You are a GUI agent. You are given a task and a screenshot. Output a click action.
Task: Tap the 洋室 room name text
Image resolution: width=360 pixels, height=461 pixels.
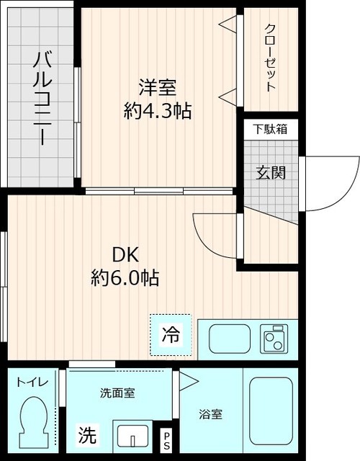coord(157,89)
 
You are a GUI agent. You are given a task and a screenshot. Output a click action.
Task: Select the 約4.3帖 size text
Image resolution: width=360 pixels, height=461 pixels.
coord(157,112)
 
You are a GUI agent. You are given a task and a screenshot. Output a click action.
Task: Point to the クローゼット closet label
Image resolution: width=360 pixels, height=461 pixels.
coord(270,58)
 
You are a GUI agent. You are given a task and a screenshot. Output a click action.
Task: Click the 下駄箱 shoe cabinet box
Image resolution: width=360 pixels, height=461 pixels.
coord(270,129)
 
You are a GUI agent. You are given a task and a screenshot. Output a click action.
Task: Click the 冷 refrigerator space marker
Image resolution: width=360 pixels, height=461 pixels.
coord(171,335)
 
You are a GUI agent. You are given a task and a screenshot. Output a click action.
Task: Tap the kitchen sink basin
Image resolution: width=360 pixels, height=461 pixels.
coord(229,337)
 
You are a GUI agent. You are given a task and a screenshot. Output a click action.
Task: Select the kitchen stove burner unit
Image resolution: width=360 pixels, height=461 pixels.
coord(274,337)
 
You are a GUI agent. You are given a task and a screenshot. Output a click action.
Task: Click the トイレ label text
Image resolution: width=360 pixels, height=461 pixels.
coord(32,382)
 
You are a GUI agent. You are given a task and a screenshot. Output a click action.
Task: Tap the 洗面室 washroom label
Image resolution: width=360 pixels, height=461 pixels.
coord(117,393)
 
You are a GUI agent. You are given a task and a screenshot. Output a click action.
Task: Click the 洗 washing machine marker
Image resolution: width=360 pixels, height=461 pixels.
coord(86,435)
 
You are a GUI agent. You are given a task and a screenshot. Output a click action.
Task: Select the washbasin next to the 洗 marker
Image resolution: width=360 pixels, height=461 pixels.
coord(132,437)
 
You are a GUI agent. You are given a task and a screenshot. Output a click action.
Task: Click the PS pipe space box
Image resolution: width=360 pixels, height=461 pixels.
coord(167,437)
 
